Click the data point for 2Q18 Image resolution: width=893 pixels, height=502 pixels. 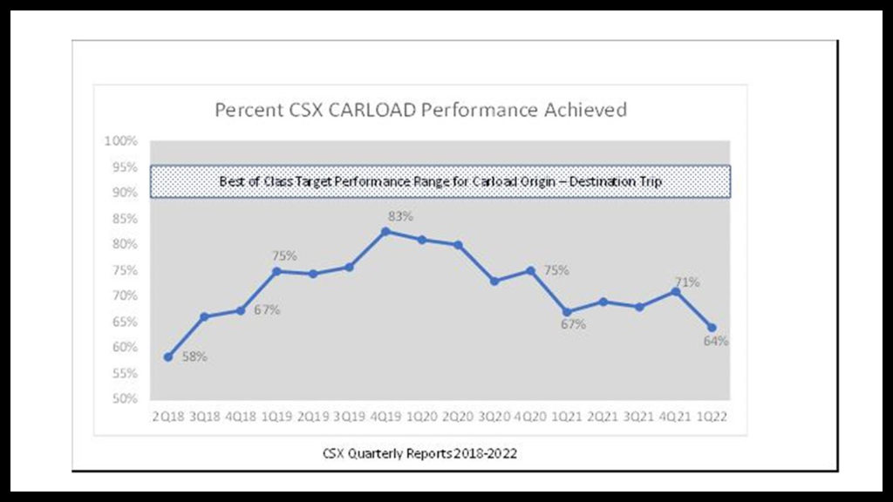tap(168, 357)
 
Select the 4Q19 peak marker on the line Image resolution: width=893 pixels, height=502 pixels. tap(385, 232)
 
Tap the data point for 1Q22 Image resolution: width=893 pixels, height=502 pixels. tap(712, 328)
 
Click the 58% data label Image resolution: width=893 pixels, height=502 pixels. tap(194, 356)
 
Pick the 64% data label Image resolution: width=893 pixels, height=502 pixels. tap(717, 341)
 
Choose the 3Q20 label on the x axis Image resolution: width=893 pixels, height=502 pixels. tap(494, 417)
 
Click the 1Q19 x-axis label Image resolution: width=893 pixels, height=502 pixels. tap(276, 417)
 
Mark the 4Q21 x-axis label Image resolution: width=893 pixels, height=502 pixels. tap(675, 417)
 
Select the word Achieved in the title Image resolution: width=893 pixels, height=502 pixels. tap(586, 111)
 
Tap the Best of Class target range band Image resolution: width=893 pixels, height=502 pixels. tap(440, 181)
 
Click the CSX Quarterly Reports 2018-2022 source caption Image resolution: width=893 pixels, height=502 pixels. tap(425, 453)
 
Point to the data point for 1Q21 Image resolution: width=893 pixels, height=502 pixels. tap(567, 312)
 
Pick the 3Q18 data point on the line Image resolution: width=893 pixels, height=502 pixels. tap(204, 316)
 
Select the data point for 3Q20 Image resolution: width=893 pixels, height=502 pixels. tap(494, 281)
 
